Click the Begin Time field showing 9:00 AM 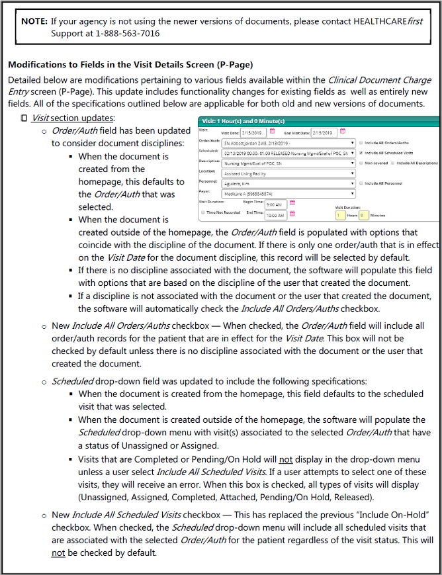click(276, 204)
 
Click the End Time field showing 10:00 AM click(276, 215)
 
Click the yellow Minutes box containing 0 click(363, 215)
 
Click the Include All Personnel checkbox click(361, 183)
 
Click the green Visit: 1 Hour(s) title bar click(318, 121)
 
